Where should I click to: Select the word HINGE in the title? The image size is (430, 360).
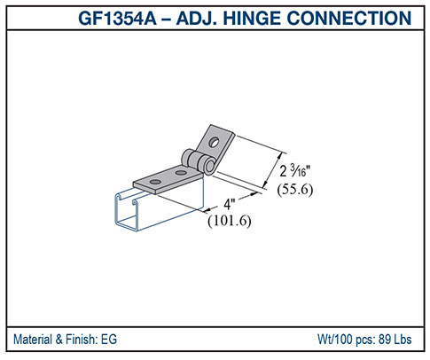[x=263, y=18]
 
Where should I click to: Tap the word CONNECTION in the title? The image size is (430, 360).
[x=356, y=18]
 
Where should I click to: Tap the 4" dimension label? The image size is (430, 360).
[x=229, y=205]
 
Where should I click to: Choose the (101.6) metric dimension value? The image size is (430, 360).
[x=230, y=222]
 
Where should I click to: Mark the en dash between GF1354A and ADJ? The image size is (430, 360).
[x=179, y=18]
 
